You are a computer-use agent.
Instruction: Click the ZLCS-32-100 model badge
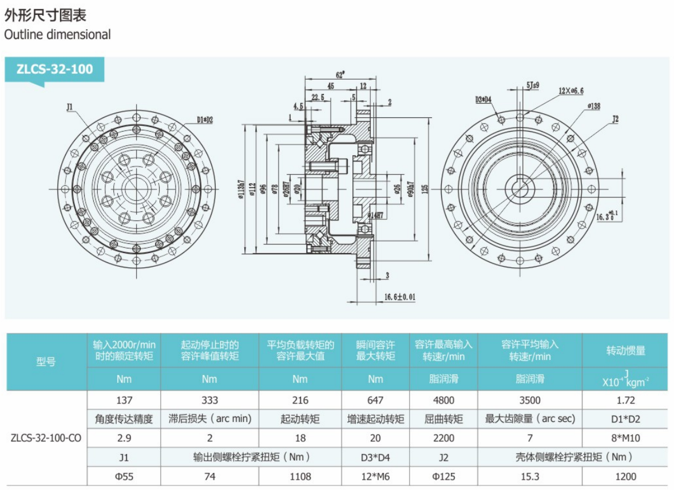click(x=54, y=69)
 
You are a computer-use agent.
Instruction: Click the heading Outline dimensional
click(x=57, y=34)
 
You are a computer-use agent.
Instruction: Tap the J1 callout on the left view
click(x=69, y=106)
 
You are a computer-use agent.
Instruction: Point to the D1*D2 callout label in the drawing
click(x=204, y=120)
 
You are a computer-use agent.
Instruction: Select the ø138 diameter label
click(x=593, y=106)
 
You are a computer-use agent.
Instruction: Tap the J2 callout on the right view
click(x=616, y=120)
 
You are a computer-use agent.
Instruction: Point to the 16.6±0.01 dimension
click(x=399, y=297)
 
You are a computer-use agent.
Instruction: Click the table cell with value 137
click(x=124, y=400)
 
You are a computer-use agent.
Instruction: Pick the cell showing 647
click(x=375, y=400)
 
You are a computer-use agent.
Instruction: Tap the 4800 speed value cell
click(x=443, y=400)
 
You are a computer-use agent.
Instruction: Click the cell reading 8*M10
click(x=624, y=438)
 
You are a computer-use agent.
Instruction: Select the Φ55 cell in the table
click(x=124, y=476)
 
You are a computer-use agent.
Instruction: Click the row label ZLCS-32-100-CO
click(x=46, y=438)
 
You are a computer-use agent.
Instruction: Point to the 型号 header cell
click(x=46, y=362)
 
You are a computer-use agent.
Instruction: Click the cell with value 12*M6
click(x=375, y=476)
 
